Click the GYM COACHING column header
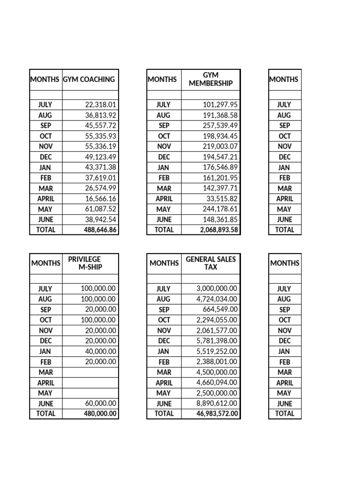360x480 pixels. (x=89, y=79)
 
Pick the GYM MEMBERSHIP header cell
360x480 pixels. (x=210, y=79)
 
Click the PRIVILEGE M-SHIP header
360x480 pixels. (x=90, y=263)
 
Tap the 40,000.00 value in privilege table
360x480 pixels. (x=99, y=351)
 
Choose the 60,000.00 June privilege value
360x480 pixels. (x=99, y=404)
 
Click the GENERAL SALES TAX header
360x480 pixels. (x=210, y=263)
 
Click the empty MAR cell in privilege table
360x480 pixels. (x=90, y=372)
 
